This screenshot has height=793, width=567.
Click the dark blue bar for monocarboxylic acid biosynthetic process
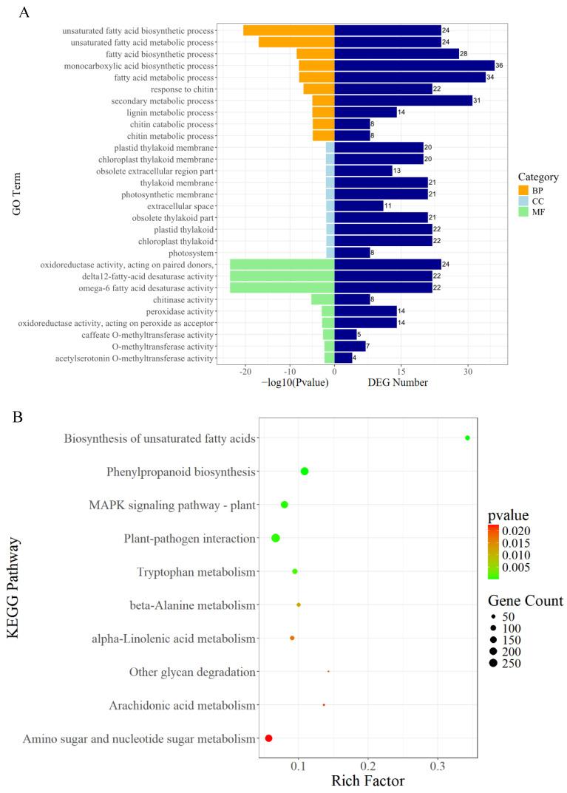click(414, 66)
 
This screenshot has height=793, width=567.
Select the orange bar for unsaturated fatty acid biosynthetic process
click(288, 30)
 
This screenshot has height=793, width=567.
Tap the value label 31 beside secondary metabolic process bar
click(477, 101)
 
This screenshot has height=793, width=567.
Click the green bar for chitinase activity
click(322, 299)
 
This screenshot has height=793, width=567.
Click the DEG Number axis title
click(398, 384)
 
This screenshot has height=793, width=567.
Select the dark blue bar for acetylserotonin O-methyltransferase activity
click(343, 358)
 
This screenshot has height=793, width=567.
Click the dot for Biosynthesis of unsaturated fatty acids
click(467, 438)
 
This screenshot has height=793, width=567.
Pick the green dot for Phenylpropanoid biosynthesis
click(305, 472)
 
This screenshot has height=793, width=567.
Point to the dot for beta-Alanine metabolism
click(299, 605)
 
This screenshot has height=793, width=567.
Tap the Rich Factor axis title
click(367, 780)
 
